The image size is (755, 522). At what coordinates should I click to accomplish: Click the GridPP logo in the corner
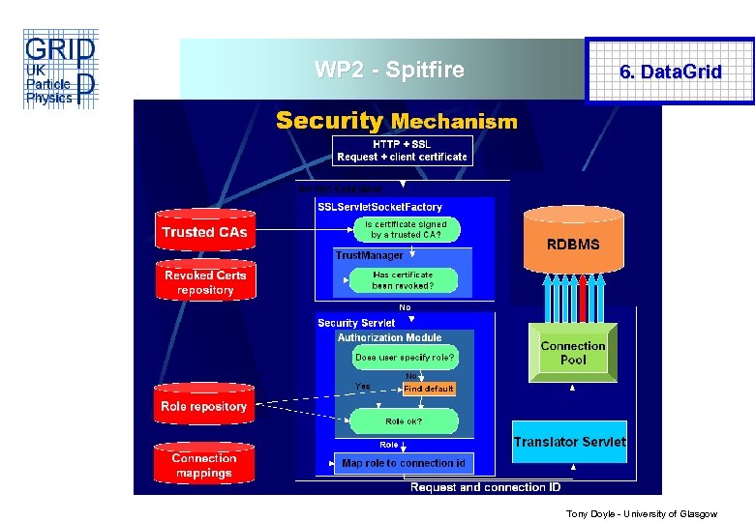[x=59, y=70]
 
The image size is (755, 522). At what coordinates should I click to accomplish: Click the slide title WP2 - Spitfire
[x=389, y=70]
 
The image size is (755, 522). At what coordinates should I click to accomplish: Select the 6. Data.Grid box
[x=670, y=72]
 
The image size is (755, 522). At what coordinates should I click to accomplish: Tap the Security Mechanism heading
[x=396, y=121]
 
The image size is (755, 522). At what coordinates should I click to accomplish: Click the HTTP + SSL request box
[x=402, y=150]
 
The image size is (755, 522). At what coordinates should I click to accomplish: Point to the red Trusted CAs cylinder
[x=204, y=232]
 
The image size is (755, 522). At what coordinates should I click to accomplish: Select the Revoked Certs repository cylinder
[x=204, y=282]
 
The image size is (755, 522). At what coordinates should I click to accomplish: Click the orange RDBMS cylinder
[x=573, y=244]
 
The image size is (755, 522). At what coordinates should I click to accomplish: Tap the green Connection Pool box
[x=573, y=353]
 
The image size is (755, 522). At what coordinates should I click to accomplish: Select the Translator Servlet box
[x=569, y=442]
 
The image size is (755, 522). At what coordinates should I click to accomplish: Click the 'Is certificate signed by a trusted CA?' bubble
[x=405, y=229]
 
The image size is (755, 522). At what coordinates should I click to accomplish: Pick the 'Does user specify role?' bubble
[x=405, y=357]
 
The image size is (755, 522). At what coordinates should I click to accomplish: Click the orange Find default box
[x=428, y=389]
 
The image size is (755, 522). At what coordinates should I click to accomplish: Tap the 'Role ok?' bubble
[x=404, y=421]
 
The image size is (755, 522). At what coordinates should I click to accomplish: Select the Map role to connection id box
[x=404, y=463]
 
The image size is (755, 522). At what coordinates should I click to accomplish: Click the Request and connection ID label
[x=485, y=487]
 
